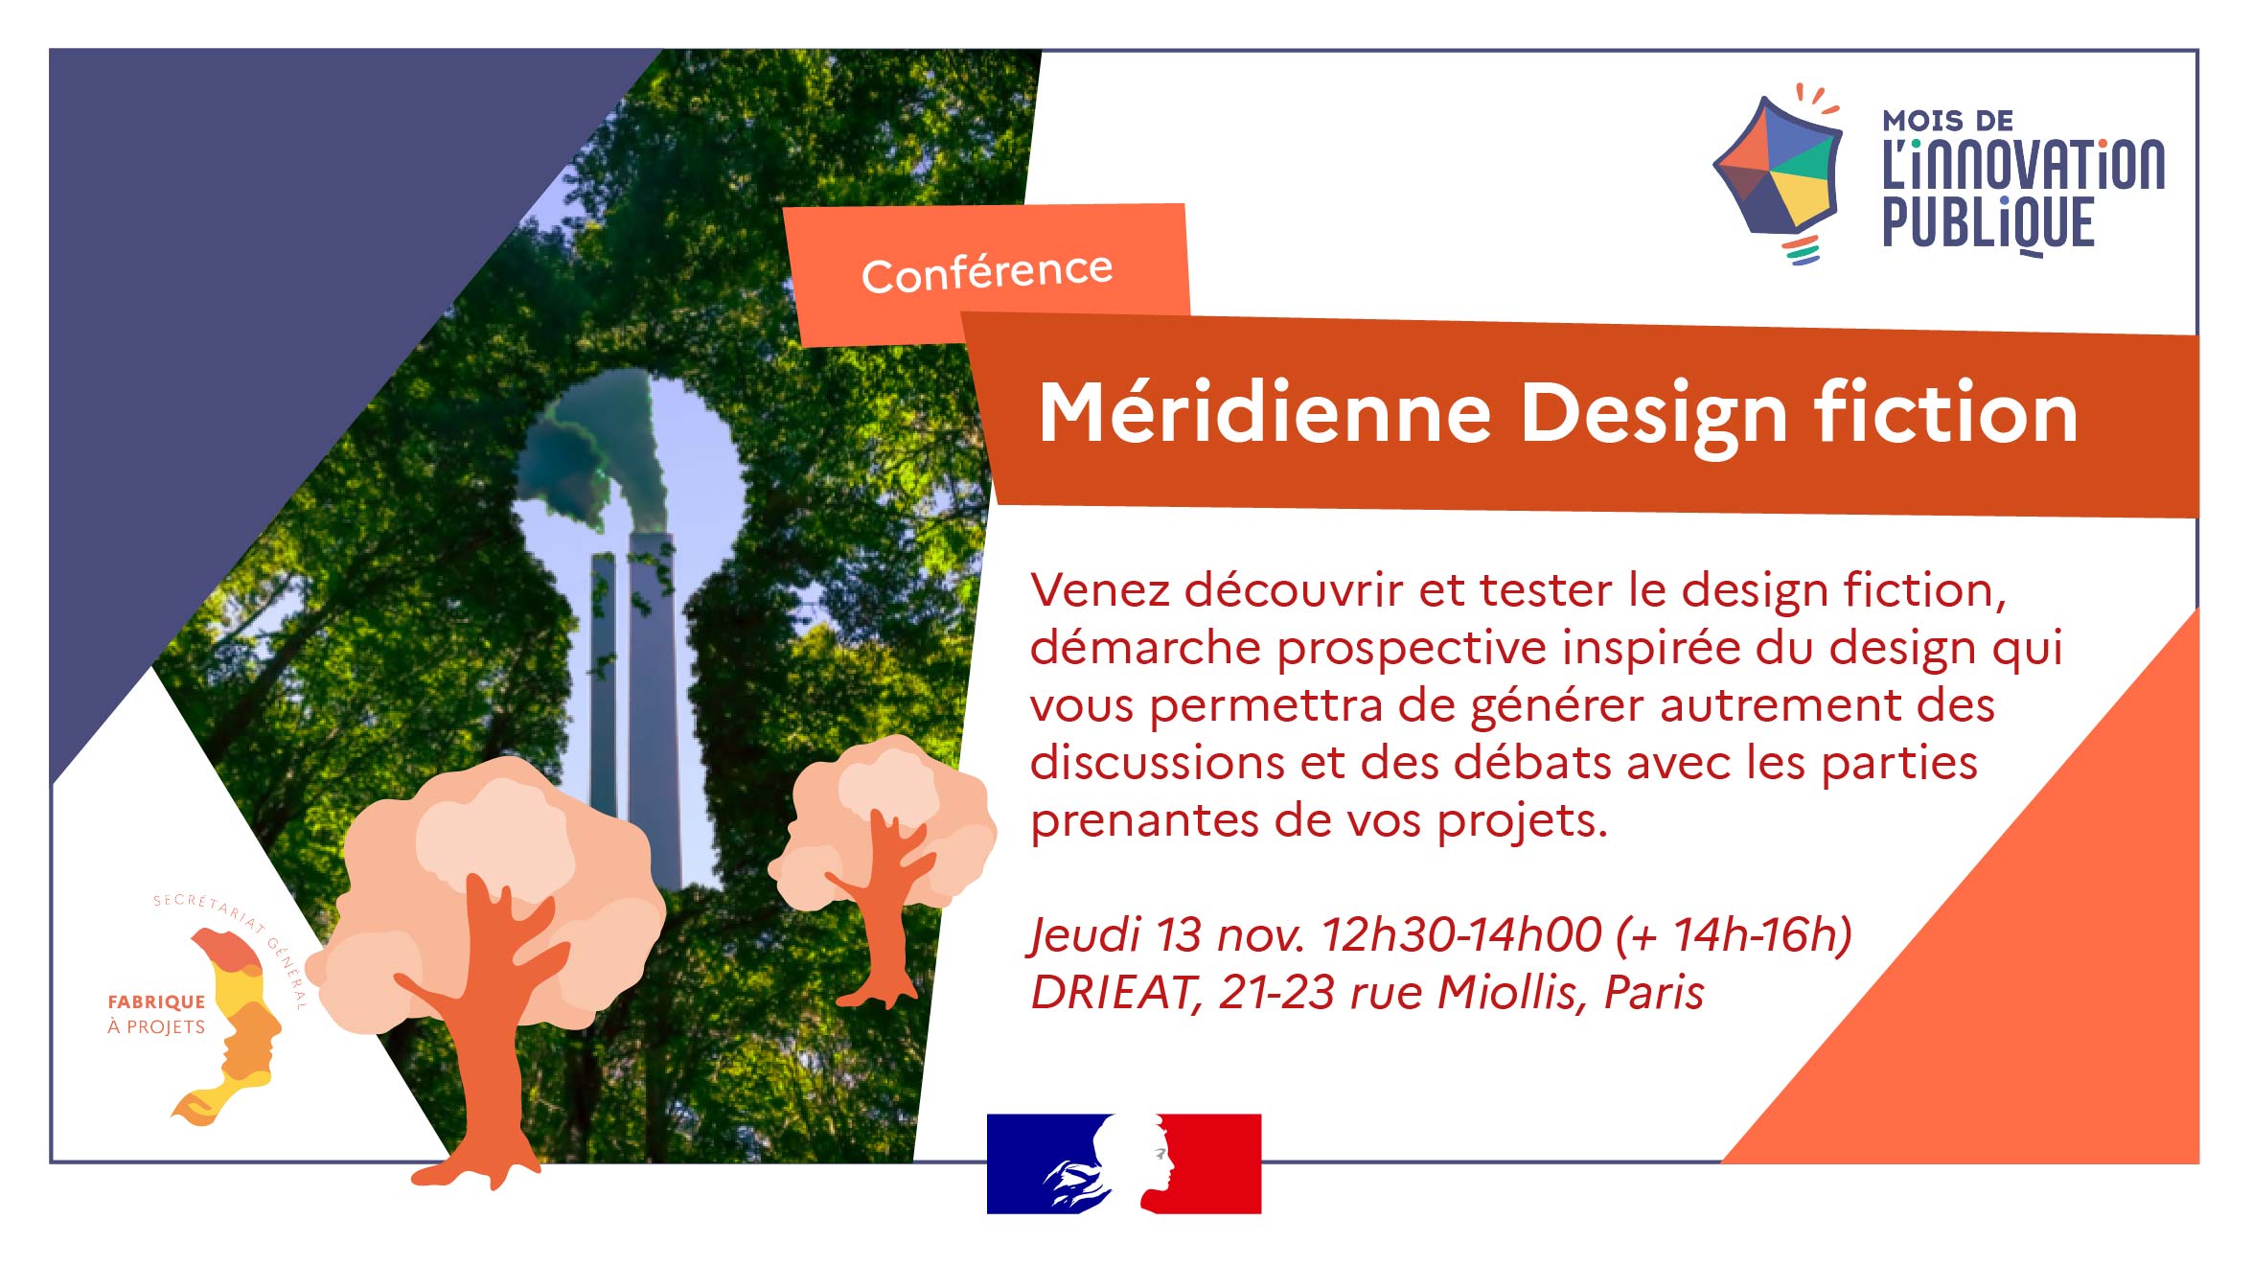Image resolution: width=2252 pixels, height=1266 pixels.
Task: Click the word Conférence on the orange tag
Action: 987,272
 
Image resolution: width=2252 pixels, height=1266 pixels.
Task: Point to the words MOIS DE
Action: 1948,121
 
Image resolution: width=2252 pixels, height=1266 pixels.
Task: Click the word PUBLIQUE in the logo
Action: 1988,223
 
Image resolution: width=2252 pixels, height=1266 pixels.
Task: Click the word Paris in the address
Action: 1654,993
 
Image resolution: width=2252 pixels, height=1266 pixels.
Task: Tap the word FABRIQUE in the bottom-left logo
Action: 156,1002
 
